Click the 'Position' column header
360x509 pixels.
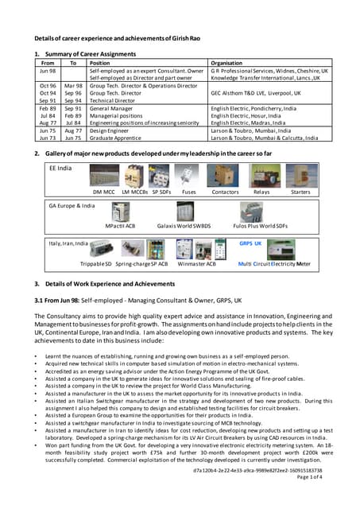[100, 62]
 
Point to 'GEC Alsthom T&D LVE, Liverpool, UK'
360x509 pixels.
[263, 93]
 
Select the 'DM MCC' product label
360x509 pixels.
[104, 192]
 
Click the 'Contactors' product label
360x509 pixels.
[225, 192]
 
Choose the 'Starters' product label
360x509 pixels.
[300, 192]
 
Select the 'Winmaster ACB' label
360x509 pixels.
[195, 263]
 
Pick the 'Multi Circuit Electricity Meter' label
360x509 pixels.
[275, 263]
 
